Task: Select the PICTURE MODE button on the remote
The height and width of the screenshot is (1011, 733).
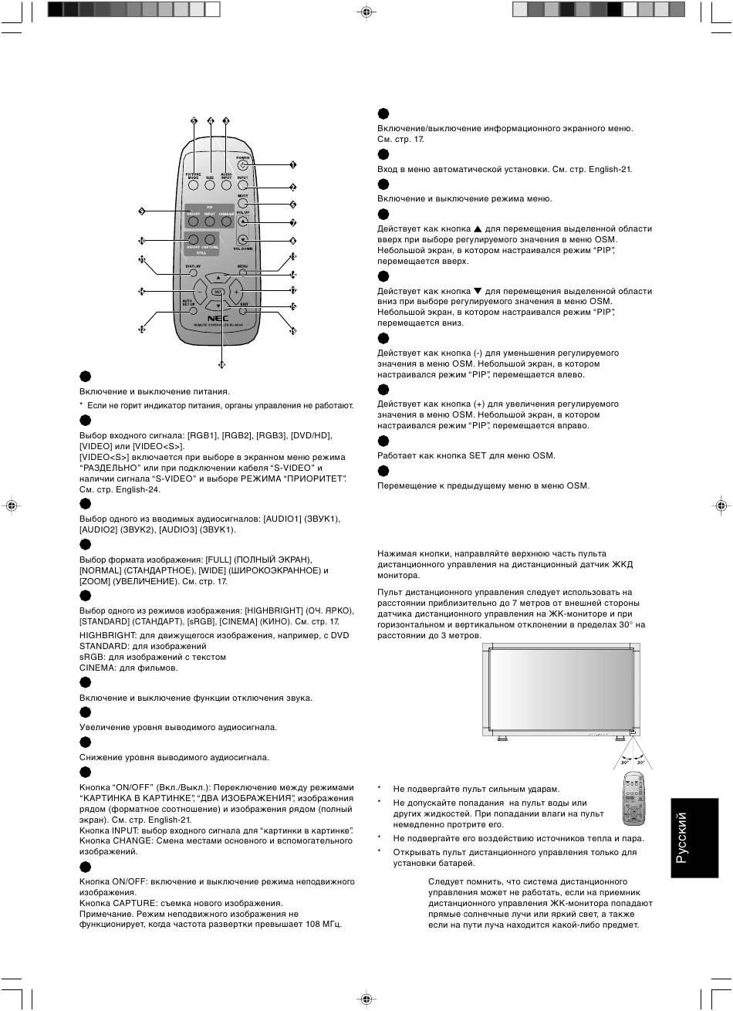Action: coord(193,185)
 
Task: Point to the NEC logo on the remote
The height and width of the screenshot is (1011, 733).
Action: coord(218,318)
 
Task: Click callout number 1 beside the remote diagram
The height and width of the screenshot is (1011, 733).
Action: coord(293,164)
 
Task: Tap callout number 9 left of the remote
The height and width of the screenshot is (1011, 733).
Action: coord(141,211)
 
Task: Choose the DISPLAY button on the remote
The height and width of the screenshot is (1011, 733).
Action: coord(193,272)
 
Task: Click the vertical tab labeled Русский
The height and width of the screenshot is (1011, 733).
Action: coord(694,837)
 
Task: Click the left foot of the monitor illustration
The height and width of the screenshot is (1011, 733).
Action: coord(502,738)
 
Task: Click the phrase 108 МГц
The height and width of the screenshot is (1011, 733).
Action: coord(323,923)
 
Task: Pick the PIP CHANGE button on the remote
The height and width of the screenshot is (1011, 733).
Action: coord(226,221)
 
